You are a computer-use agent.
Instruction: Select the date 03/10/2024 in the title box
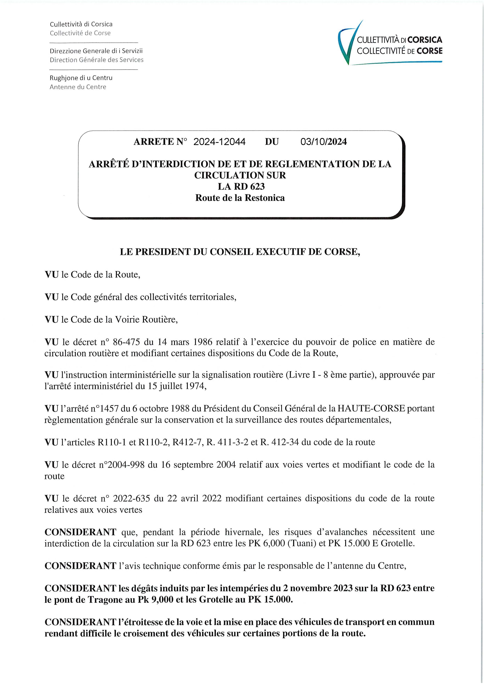point(324,142)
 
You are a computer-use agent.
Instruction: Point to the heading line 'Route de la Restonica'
point(240,198)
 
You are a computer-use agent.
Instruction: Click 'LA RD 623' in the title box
point(241,187)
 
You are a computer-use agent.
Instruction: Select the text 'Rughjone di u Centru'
point(81,78)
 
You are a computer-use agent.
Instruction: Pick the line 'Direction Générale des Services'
point(97,60)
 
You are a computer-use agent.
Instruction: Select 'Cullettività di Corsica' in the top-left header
point(81,24)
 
